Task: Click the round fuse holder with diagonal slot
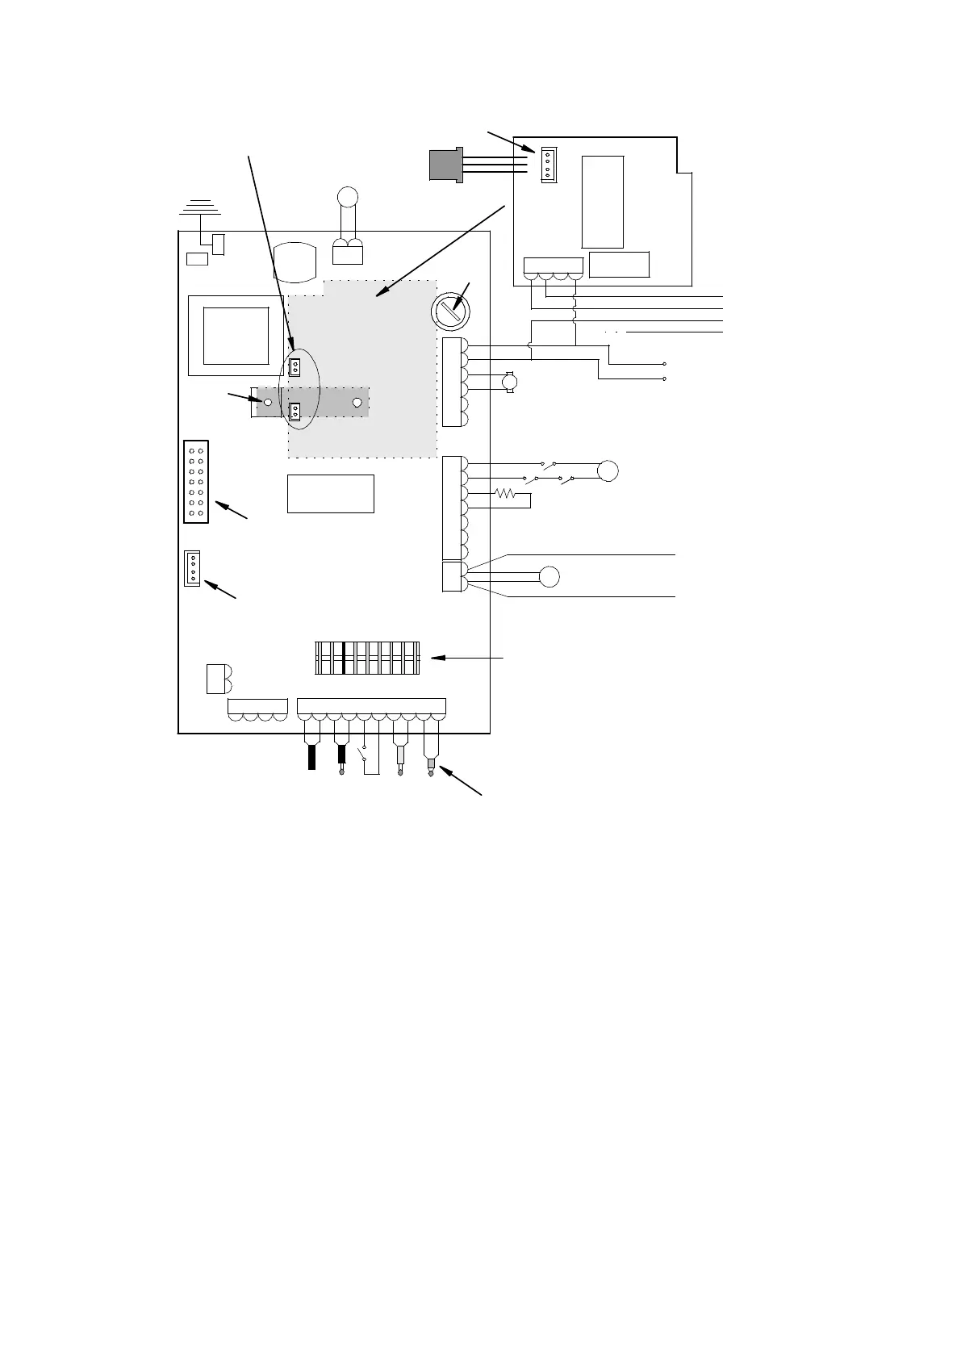tap(452, 311)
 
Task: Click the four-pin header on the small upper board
tap(549, 165)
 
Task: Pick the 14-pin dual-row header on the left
tap(196, 482)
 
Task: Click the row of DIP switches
tap(367, 658)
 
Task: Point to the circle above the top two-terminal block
tap(348, 196)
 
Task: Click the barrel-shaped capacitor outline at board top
tap(297, 262)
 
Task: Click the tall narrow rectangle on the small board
tap(603, 202)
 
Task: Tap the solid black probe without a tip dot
tap(311, 758)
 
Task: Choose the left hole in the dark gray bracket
tap(268, 401)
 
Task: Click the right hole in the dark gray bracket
tap(357, 401)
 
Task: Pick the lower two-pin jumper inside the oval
tap(295, 412)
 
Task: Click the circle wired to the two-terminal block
tap(549, 576)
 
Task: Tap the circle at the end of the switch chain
tap(608, 470)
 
